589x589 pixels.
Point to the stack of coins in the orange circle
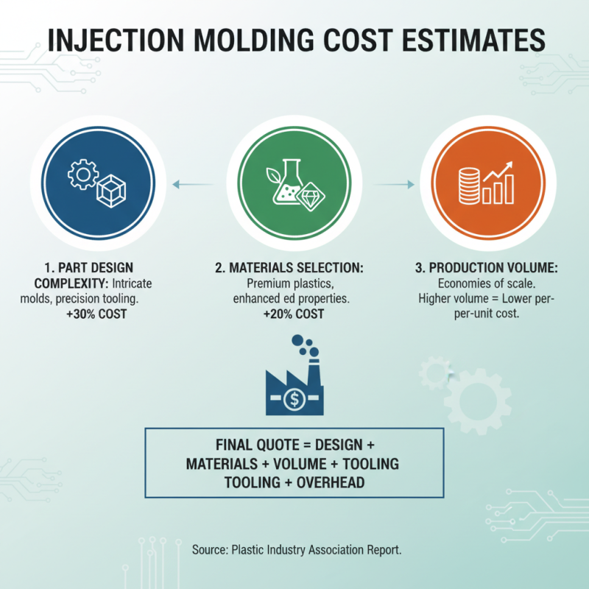point(468,184)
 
